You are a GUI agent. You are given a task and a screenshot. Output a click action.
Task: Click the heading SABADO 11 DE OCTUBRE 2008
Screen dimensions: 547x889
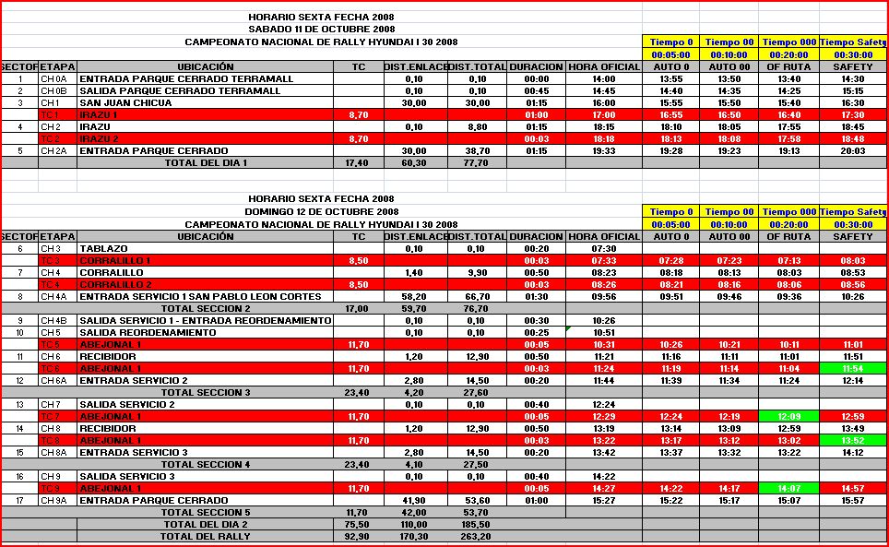[321, 29]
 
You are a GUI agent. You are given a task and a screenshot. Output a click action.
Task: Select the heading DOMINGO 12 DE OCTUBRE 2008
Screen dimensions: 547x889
[321, 210]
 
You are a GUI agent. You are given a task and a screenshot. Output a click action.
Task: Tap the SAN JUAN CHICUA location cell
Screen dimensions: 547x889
[124, 102]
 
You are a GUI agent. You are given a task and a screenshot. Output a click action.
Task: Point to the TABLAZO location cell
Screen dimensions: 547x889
[103, 248]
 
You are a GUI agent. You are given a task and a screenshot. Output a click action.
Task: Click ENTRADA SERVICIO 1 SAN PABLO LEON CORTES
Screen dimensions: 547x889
[200, 296]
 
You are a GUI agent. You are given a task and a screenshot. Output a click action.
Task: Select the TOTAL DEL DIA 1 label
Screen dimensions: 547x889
[205, 162]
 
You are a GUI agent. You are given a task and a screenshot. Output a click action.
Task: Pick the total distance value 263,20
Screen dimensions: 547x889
[476, 535]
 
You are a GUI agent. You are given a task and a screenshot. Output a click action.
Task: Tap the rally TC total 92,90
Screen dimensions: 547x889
[356, 535]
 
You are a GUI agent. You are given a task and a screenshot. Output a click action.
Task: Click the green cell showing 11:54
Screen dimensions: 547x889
[853, 368]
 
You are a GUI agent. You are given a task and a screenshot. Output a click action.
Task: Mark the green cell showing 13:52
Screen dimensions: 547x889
[853, 440]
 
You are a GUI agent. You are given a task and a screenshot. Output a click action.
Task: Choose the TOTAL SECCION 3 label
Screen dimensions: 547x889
[205, 392]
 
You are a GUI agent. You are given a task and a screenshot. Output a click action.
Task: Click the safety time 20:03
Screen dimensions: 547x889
[853, 150]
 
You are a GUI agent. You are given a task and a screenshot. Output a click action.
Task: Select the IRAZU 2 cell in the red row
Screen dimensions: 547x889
[96, 138]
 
